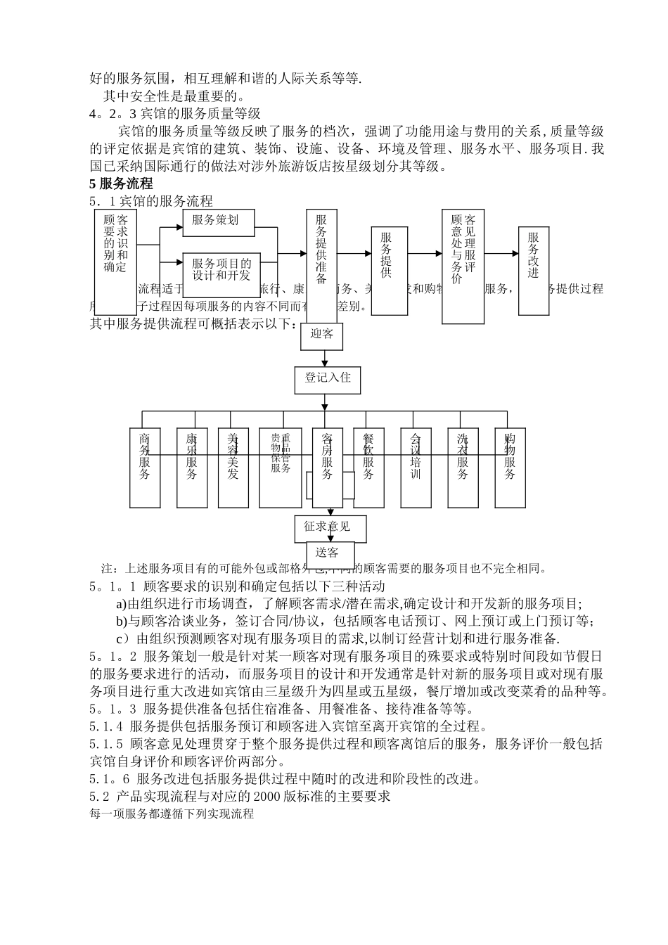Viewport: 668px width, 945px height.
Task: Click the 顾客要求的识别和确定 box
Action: pos(115,262)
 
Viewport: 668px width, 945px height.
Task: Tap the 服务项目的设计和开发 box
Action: pos(221,271)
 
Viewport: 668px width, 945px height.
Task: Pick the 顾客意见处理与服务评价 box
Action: pos(463,266)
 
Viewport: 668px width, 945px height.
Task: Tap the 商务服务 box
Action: pos(145,468)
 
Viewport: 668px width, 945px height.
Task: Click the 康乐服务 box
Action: pos(192,468)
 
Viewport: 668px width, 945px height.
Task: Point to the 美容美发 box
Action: pos(233,468)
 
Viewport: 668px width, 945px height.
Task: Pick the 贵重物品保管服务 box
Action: pos(281,468)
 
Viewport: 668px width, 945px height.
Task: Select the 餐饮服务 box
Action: pos(368,468)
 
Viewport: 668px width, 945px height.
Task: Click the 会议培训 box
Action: pos(416,468)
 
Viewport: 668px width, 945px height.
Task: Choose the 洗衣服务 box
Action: pos(463,468)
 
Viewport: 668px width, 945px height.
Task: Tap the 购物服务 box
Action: pos(510,468)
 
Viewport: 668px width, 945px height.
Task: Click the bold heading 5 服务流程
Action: pos(121,184)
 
